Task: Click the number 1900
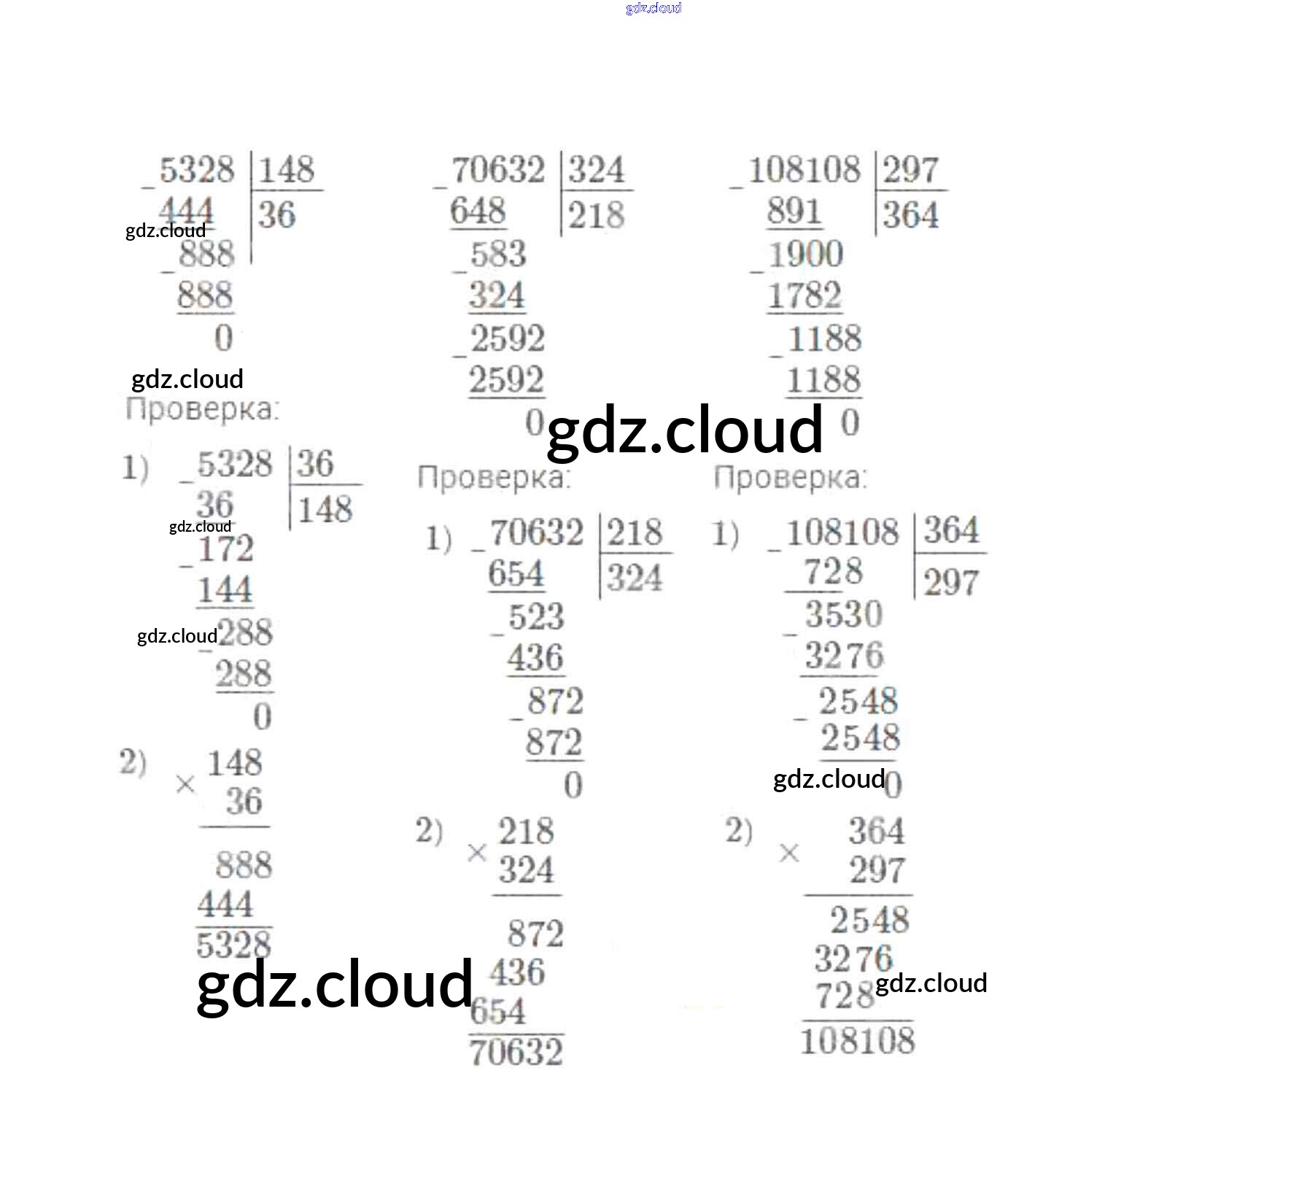click(806, 255)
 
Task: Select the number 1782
click(804, 296)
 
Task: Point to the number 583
click(497, 255)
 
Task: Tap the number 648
click(478, 212)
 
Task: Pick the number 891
click(794, 212)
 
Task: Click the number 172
click(225, 549)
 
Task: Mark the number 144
click(225, 589)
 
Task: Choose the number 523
click(536, 617)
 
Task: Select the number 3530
click(844, 613)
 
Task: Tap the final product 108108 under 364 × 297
click(858, 1040)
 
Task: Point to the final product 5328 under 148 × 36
click(233, 945)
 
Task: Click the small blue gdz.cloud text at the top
click(653, 8)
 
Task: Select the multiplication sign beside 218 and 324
click(477, 852)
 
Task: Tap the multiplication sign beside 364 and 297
click(789, 852)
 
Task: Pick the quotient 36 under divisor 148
click(277, 215)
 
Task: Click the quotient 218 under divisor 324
click(596, 215)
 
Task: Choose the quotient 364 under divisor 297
click(910, 215)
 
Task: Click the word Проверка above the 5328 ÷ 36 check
click(202, 409)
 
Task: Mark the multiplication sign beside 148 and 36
click(185, 785)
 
